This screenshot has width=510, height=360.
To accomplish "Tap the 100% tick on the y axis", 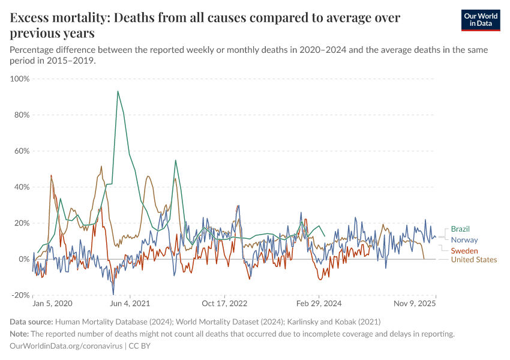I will (x=20, y=79).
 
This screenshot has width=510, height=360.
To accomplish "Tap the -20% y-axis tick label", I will (x=20, y=295).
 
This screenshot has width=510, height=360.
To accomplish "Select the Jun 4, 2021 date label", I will (x=130, y=304).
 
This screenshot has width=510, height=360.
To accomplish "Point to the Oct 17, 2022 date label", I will (x=224, y=304).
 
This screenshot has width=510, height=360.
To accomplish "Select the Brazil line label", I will (x=460, y=229).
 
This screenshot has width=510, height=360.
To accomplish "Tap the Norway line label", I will (x=464, y=239).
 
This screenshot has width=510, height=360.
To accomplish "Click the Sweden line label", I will (x=464, y=250).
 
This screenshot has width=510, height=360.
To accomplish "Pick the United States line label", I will (x=474, y=260).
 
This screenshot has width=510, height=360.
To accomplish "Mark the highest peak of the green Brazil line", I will (x=118, y=91).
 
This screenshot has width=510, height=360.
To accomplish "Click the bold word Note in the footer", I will (x=20, y=334).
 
